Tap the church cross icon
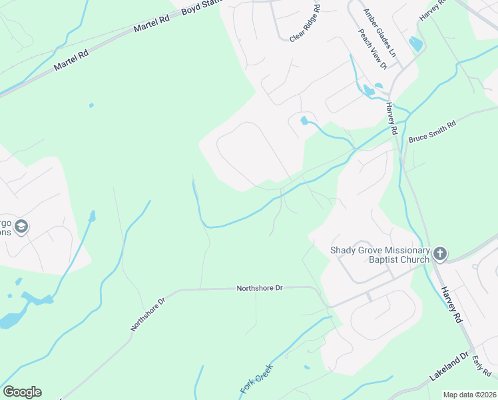pos(439,253)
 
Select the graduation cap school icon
pos(22,227)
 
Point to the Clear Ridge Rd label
pos(305,23)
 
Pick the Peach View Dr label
pos(372,49)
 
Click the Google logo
pos(22,392)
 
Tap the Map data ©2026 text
pos(470,395)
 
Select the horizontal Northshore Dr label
pos(260,288)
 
